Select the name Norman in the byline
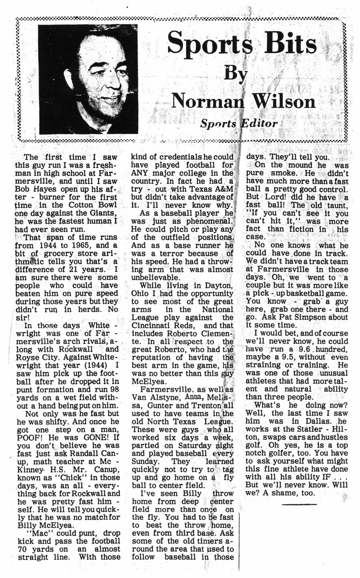coord(208,101)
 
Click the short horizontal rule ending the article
coord(299,504)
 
